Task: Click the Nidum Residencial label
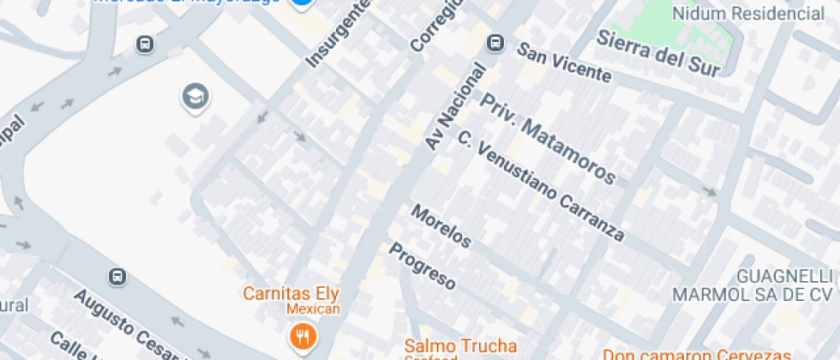748,14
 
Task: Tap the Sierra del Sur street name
657,52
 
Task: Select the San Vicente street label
565,64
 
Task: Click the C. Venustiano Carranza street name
539,185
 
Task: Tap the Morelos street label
441,226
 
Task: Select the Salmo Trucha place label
461,345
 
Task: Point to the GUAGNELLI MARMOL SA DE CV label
753,285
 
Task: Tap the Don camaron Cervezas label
696,353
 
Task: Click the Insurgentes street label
339,34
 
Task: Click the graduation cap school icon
195,97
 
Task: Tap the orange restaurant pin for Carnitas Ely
301,336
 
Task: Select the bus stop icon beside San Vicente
495,42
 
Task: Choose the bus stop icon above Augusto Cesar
117,277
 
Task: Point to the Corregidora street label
437,23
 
